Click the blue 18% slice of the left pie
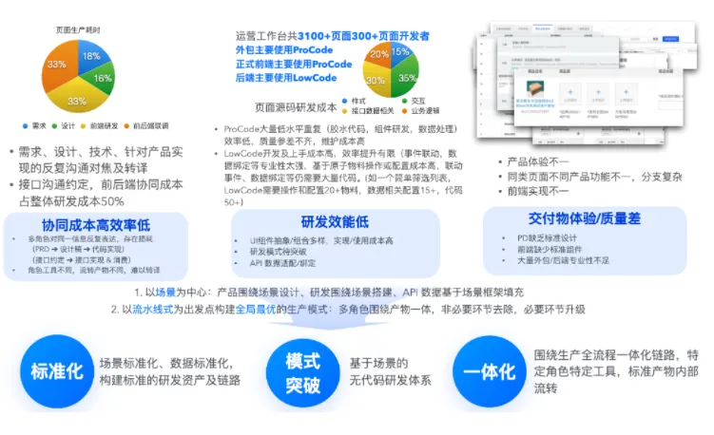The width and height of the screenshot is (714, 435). pyautogui.click(x=90, y=56)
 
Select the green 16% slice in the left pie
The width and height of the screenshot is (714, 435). pyautogui.click(x=102, y=81)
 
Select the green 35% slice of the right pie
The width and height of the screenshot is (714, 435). pyautogui.click(x=407, y=77)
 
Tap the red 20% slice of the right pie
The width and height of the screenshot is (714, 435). pyautogui.click(x=379, y=54)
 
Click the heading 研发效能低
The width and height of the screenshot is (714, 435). pyautogui.click(x=334, y=221)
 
